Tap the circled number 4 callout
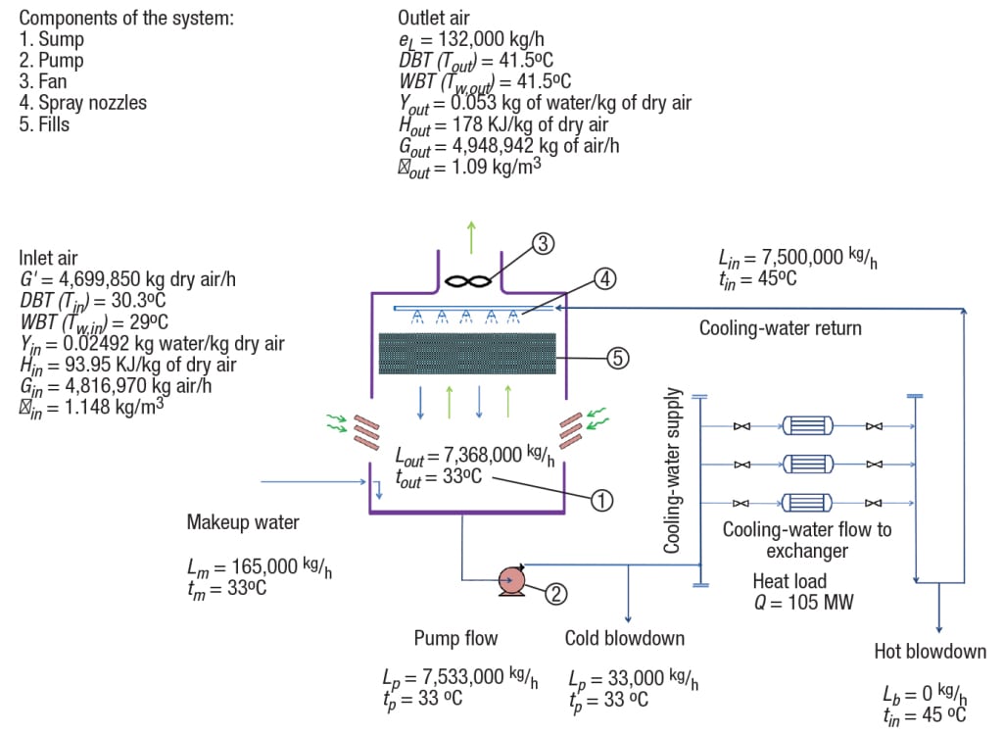606,278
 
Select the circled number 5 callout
617,359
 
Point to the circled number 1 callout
600,500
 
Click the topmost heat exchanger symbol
807,426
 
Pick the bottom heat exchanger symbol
807,500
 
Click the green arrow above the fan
472,236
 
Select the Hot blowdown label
930,652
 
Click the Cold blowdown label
624,638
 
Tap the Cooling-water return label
780,328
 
